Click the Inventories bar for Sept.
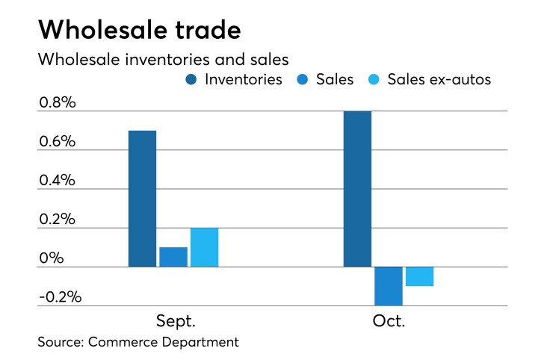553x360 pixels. (x=142, y=199)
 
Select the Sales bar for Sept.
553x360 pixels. (x=173, y=256)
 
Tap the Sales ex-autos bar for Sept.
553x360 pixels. (x=204, y=247)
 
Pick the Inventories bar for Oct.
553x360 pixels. (x=357, y=189)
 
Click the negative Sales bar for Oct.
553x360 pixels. (x=389, y=286)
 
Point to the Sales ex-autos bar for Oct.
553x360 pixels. (x=419, y=276)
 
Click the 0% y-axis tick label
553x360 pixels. (x=52, y=258)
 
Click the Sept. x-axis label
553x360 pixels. (x=176, y=322)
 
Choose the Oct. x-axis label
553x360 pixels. (x=388, y=322)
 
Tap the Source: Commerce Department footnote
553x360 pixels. (x=138, y=342)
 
